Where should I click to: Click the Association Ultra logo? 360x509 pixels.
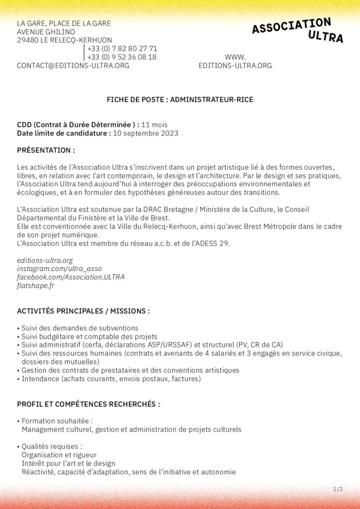coord(297,30)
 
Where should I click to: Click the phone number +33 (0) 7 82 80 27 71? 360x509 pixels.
coord(122,49)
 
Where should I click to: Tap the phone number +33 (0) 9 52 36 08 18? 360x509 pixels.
coord(122,57)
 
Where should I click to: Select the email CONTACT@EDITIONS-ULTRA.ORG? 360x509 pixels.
coord(73,66)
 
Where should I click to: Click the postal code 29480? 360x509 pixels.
coord(29,40)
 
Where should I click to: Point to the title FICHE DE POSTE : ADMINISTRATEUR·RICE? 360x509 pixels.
coord(180,100)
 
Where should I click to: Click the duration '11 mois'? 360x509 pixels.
coord(155,125)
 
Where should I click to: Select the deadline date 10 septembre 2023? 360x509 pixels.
coord(145,133)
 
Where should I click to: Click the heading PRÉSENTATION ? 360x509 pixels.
coord(46,150)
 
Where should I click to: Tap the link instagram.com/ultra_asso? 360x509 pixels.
coord(59,268)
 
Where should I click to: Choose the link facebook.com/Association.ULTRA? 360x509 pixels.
coord(71,277)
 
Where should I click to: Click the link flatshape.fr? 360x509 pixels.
coord(35,285)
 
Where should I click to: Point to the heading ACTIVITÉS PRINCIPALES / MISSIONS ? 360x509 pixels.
coord(83,311)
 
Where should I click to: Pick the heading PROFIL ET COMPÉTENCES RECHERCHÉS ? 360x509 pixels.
coord(89,404)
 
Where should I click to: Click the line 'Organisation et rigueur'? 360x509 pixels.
coord(59,455)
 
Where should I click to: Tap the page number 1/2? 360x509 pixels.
coord(338,490)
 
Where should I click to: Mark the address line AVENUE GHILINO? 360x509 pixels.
coord(46,32)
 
